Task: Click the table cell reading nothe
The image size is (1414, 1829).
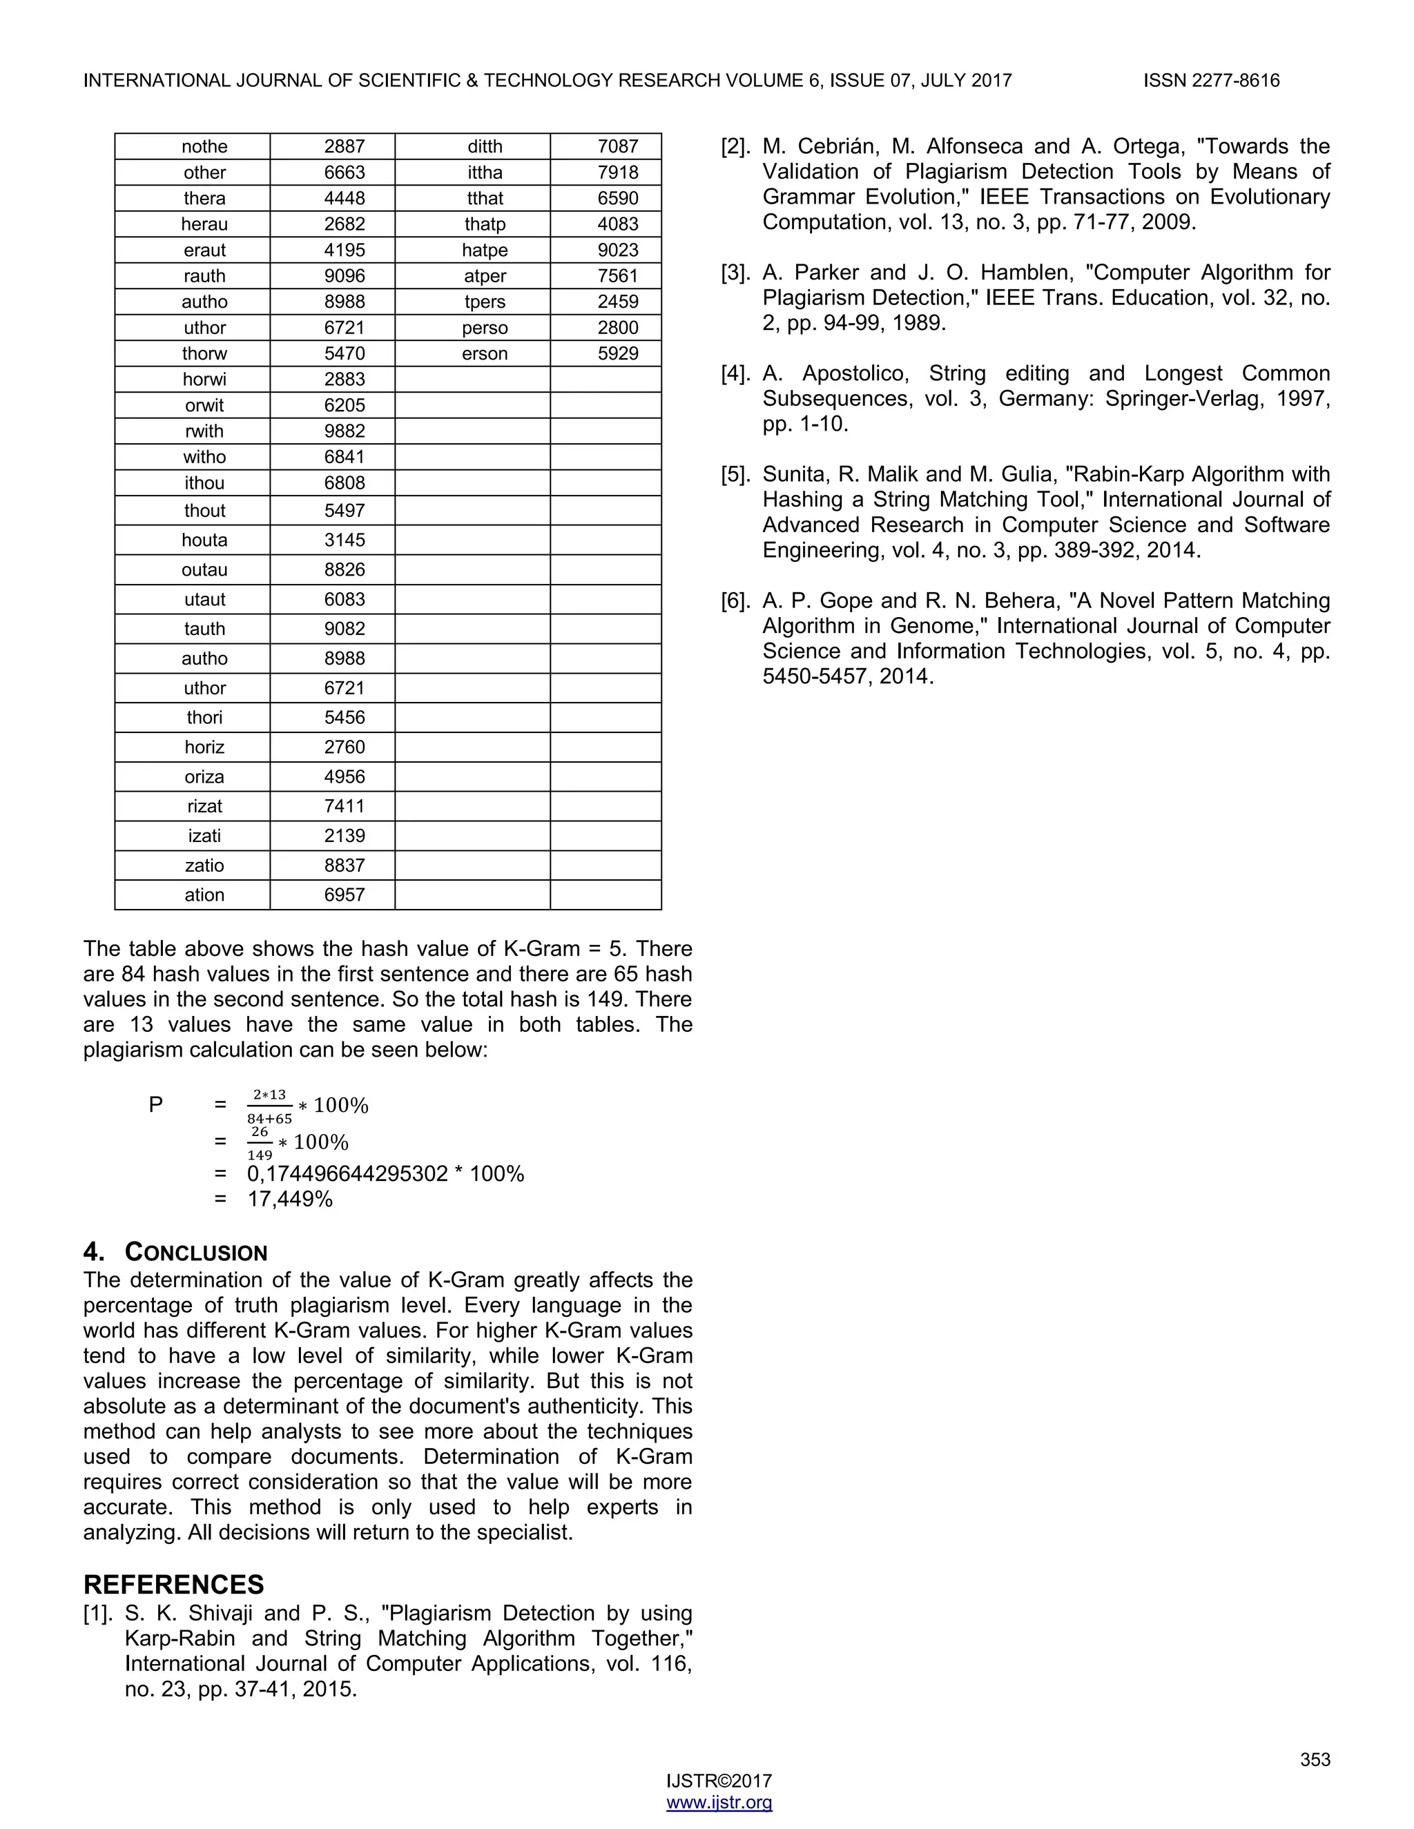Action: pyautogui.click(x=204, y=146)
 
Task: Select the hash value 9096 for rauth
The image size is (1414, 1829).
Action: pyautogui.click(x=345, y=275)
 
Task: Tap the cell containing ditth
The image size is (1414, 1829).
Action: pyautogui.click(x=485, y=146)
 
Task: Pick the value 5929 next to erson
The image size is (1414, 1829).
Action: pyautogui.click(x=618, y=353)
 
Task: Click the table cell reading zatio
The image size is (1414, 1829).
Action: pyautogui.click(x=204, y=865)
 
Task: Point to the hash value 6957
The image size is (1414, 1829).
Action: pyautogui.click(x=345, y=894)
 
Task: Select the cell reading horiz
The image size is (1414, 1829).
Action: pyautogui.click(x=204, y=747)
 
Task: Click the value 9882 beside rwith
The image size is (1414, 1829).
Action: pyautogui.click(x=345, y=431)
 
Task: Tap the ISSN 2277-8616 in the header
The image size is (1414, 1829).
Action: pyautogui.click(x=1211, y=80)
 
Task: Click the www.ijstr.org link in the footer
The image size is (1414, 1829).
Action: pyautogui.click(x=719, y=1802)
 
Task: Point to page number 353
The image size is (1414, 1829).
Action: pyautogui.click(x=1315, y=1759)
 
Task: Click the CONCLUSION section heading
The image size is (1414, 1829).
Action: pyautogui.click(x=195, y=1253)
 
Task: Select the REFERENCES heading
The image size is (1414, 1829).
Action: pyautogui.click(x=173, y=1585)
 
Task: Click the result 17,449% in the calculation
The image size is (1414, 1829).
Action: pyautogui.click(x=290, y=1200)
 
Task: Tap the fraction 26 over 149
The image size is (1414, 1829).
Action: pyautogui.click(x=260, y=1143)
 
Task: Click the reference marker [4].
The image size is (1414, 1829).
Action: pyautogui.click(x=735, y=373)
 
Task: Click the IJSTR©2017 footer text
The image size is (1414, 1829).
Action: pyautogui.click(x=719, y=1781)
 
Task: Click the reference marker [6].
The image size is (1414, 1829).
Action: pyautogui.click(x=735, y=600)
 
